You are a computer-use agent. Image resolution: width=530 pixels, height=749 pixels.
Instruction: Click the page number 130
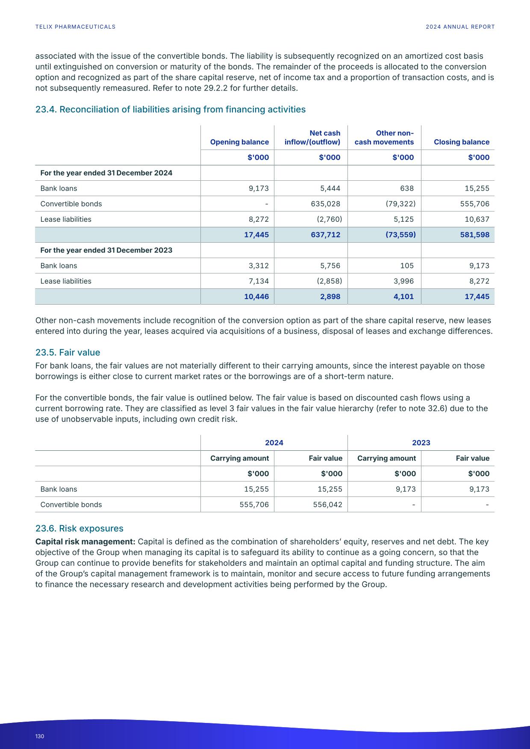[40, 736]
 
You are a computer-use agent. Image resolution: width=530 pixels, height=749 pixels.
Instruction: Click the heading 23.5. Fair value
[68, 352]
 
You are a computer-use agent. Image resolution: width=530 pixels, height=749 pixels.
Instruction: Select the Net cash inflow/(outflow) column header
[312, 138]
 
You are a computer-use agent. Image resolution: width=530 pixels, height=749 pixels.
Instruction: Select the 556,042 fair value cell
[327, 505]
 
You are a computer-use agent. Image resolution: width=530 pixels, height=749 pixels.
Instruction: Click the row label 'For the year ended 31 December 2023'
[106, 250]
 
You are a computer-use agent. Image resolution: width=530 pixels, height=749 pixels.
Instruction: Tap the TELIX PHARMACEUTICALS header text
[75, 26]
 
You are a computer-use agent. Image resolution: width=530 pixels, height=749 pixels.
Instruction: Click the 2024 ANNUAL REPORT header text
[460, 26]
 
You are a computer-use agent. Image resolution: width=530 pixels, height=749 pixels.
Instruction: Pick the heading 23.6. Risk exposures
[79, 529]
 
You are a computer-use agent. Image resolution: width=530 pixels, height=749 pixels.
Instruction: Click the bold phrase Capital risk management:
[85, 542]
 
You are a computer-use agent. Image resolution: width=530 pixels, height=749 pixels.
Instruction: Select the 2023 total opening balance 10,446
[256, 297]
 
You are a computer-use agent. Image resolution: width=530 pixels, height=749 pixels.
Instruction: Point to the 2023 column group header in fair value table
[421, 443]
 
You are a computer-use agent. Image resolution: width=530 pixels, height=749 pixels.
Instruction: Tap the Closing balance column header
[462, 142]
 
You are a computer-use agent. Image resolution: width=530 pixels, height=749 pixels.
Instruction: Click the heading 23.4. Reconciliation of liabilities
[170, 109]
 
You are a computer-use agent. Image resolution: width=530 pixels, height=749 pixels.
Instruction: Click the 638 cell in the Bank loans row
[407, 188]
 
